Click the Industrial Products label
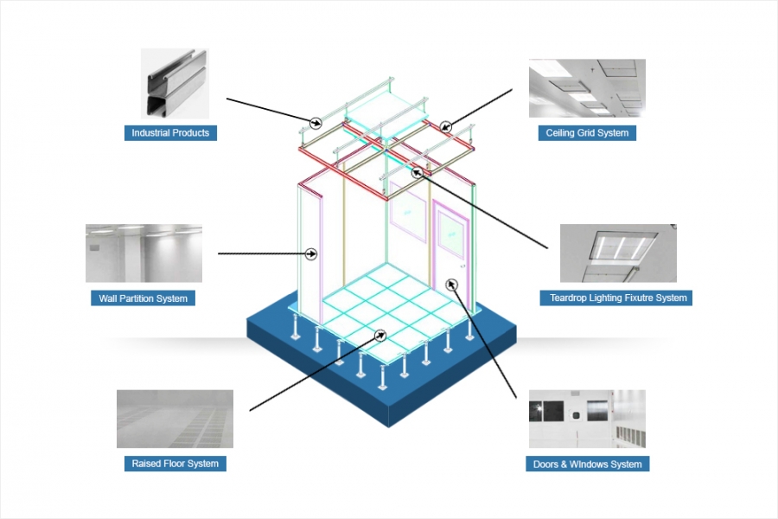click(x=170, y=133)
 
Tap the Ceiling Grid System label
click(x=587, y=133)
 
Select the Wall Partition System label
click(x=143, y=298)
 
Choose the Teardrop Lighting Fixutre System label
click(x=618, y=298)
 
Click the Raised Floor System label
click(x=175, y=464)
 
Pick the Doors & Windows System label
click(x=587, y=465)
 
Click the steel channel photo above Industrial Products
click(x=175, y=83)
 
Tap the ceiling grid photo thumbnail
click(x=587, y=88)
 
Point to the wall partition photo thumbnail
click(x=143, y=253)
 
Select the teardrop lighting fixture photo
click(x=618, y=253)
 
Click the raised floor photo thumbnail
click(x=175, y=419)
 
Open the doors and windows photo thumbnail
click(x=587, y=419)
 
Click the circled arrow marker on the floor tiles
click(x=379, y=334)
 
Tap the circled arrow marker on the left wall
click(x=312, y=253)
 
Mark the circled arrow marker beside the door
click(x=450, y=284)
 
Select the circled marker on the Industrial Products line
click(x=316, y=119)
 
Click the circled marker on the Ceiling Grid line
click(x=445, y=127)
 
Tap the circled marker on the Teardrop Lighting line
click(x=418, y=171)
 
